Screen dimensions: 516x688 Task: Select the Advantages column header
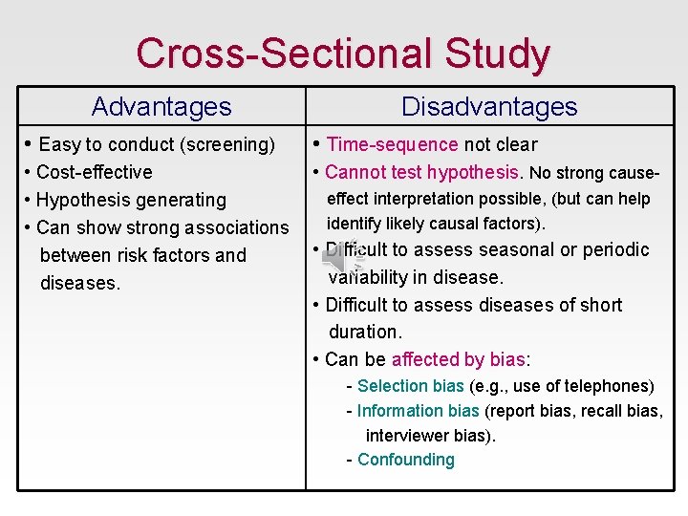coord(161,106)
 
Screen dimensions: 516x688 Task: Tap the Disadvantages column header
coord(489,106)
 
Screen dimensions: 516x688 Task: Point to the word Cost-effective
coord(94,172)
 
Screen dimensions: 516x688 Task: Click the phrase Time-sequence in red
coord(392,144)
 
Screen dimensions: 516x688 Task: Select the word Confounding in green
coord(405,460)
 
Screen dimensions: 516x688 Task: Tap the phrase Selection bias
coord(410,386)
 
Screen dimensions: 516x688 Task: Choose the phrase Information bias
coord(418,411)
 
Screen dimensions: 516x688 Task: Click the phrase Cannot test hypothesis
coord(422,172)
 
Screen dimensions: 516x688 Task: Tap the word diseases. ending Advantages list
coord(80,284)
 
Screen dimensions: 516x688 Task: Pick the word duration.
coord(365,332)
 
